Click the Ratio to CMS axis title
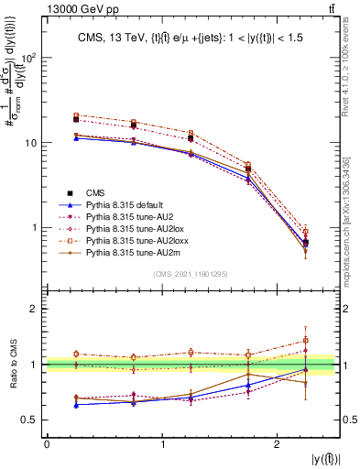[12, 365]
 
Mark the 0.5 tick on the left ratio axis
[29, 420]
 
